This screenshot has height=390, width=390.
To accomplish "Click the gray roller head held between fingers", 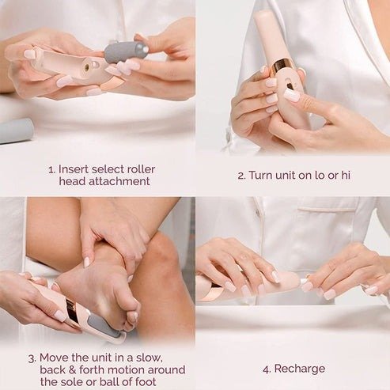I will pos(126,53).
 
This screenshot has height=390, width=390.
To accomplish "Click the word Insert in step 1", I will pos(74,168).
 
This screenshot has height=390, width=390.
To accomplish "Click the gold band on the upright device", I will pos(282,69).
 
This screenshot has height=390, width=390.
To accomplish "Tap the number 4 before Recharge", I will pos(265,369).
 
